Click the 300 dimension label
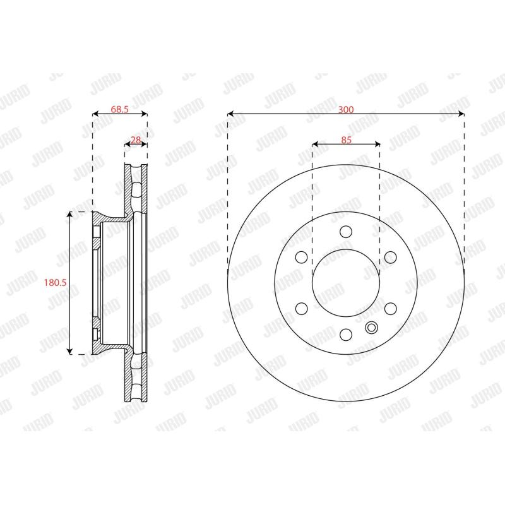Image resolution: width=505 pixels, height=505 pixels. point(345,109)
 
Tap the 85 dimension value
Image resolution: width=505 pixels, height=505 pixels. point(346,140)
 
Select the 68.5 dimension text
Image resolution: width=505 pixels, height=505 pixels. point(119,109)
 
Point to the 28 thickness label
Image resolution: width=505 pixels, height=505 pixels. point(136,140)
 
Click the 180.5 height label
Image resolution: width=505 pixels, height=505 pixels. point(55,282)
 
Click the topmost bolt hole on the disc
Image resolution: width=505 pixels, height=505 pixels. point(346,232)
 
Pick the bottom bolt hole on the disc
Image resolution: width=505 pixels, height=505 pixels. point(346,335)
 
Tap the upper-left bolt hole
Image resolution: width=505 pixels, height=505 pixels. point(302,258)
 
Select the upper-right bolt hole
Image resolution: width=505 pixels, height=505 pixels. point(390,258)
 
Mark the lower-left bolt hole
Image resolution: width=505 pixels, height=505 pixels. point(302,309)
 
